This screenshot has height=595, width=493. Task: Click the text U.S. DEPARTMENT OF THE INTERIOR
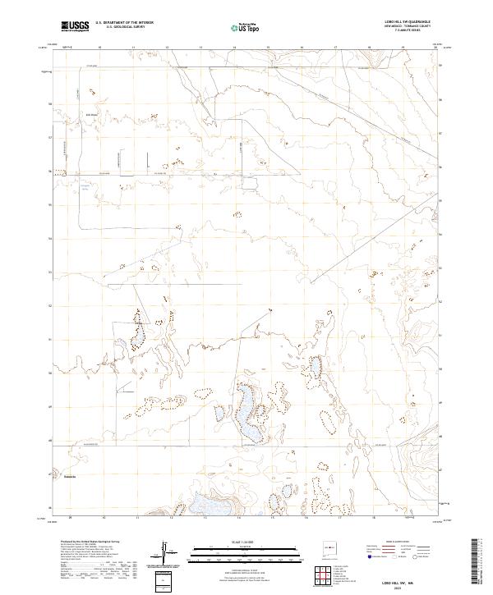[124, 23]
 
